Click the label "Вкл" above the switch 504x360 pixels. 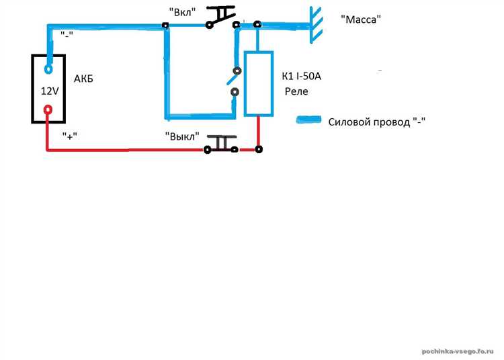click(x=182, y=12)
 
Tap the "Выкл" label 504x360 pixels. click(x=182, y=136)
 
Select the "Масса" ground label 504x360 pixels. click(x=361, y=19)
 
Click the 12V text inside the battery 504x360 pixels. click(x=50, y=91)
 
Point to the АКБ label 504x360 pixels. click(x=83, y=79)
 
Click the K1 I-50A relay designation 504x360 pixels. click(x=301, y=76)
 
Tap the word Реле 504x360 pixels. click(x=296, y=91)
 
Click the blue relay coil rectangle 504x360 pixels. click(x=259, y=83)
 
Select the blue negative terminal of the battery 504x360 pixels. click(x=48, y=69)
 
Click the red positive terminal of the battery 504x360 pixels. click(x=48, y=110)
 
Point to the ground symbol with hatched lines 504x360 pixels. click(x=316, y=25)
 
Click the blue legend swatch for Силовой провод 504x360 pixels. click(x=308, y=120)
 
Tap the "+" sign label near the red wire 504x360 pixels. click(x=70, y=136)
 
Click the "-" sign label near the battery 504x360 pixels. click(x=67, y=35)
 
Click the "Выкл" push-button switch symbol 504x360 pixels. click(x=221, y=144)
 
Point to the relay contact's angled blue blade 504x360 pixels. click(x=233, y=79)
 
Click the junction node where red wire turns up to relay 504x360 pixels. click(x=259, y=149)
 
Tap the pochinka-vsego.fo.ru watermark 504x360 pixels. click(x=458, y=351)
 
